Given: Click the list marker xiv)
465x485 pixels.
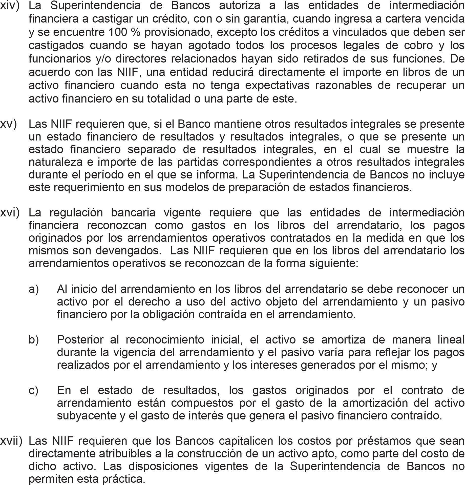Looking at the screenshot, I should (x=10, y=6).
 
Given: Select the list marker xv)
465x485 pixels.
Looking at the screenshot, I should (x=9, y=124).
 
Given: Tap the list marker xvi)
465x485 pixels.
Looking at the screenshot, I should (x=10, y=213).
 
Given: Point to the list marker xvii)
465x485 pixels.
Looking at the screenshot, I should (x=11, y=441).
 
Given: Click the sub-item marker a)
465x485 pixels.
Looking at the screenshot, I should (x=34, y=289).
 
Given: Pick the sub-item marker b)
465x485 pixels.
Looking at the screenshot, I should (x=34, y=339).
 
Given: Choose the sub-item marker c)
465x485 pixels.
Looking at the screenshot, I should (x=34, y=390).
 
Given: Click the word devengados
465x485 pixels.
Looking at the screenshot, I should (x=128, y=251).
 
